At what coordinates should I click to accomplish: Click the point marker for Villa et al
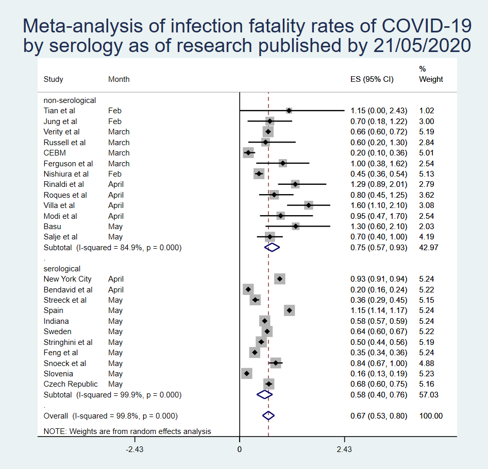pos(308,205)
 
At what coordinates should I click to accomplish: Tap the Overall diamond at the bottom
pos(268,415)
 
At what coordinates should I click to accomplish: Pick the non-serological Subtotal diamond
pos(272,247)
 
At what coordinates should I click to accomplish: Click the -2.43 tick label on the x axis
pos(135,449)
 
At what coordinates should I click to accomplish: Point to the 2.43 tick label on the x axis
pos(344,449)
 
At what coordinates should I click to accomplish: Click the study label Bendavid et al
pos(68,290)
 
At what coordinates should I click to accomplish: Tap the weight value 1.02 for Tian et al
pos(427,111)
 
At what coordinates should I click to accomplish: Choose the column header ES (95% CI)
pos(372,79)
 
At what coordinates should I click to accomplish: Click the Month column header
pos(119,79)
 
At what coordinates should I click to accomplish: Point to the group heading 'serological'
pos(62,269)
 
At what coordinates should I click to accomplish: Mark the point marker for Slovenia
pos(246,373)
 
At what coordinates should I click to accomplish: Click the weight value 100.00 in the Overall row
pos(431,416)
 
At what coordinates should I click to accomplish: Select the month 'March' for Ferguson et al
pos(119,164)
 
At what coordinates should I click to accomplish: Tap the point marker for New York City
pos(279,279)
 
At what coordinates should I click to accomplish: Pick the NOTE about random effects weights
pos(127,431)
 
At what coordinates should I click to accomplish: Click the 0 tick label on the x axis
pos(240,449)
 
